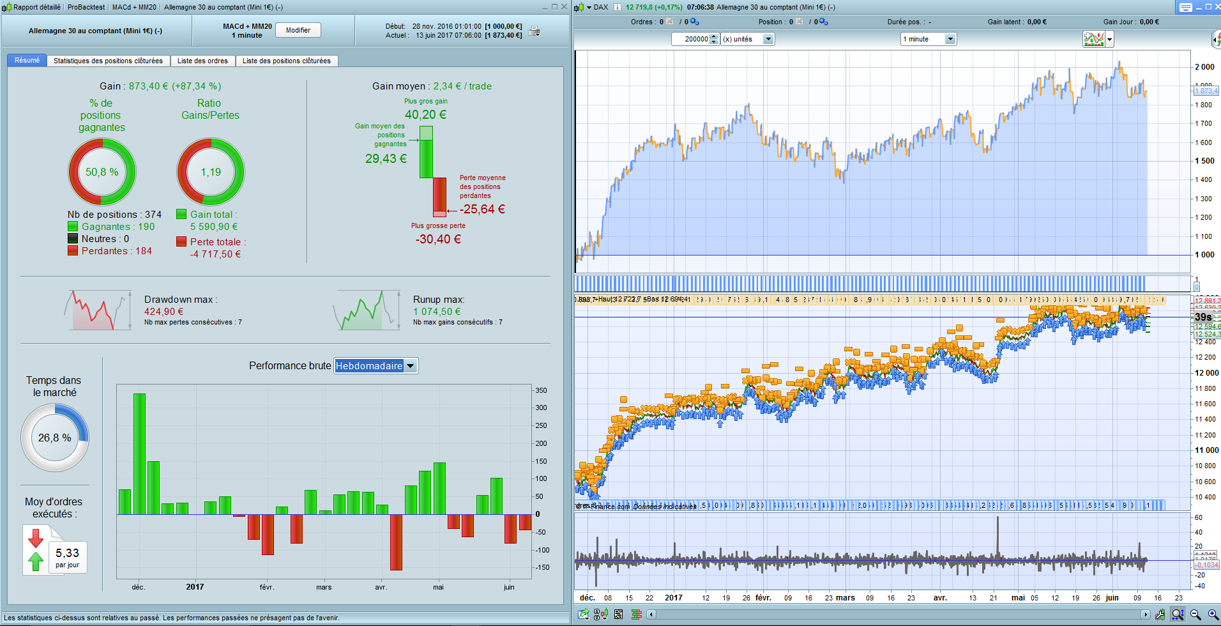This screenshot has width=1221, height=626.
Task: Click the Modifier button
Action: (298, 30)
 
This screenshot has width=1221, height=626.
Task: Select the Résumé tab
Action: (27, 60)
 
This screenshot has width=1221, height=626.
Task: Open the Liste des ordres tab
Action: (202, 61)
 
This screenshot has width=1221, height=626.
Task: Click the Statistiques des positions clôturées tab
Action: (108, 61)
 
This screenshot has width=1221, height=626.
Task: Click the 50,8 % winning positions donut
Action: (102, 172)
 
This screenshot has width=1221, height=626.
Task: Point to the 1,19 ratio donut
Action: (211, 172)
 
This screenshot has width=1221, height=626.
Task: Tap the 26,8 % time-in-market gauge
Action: (55, 438)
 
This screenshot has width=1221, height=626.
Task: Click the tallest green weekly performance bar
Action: (139, 454)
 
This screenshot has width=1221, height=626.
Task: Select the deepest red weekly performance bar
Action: (396, 542)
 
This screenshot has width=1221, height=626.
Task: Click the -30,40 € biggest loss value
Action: (438, 240)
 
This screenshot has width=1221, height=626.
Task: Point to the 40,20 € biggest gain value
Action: (425, 115)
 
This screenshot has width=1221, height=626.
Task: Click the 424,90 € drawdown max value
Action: (164, 312)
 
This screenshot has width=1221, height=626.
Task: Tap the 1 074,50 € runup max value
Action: (437, 312)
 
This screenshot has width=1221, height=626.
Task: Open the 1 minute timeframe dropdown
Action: (950, 39)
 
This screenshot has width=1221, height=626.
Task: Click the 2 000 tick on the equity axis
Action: (1204, 67)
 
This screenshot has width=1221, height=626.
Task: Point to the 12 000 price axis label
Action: (1206, 373)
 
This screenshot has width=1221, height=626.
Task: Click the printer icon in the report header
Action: (535, 31)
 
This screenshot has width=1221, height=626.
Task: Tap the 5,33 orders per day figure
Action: (67, 553)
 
